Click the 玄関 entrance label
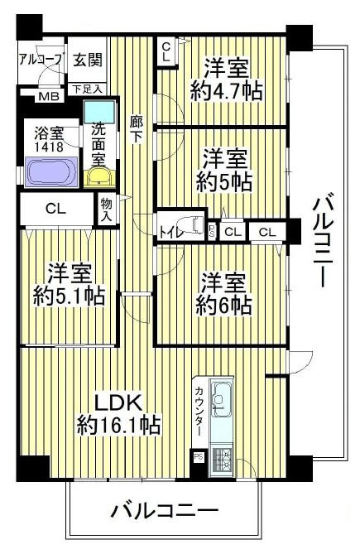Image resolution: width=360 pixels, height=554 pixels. (88, 60)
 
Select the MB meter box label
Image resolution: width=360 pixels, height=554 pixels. (48, 96)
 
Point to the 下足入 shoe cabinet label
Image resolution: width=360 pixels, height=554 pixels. (87, 89)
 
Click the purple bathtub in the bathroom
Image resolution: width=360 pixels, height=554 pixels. (51, 171)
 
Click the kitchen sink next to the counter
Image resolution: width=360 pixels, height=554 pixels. (221, 400)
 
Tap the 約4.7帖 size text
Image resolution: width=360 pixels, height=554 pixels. (226, 92)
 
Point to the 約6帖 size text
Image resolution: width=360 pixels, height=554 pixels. (223, 305)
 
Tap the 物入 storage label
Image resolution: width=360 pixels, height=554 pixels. (106, 210)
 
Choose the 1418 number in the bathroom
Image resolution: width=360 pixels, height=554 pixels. (49, 147)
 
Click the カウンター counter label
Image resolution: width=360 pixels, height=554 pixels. (199, 412)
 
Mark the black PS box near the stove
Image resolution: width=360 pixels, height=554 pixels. (198, 457)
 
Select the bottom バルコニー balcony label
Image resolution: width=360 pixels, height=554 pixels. (165, 510)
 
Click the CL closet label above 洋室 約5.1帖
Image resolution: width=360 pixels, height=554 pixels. (55, 209)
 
